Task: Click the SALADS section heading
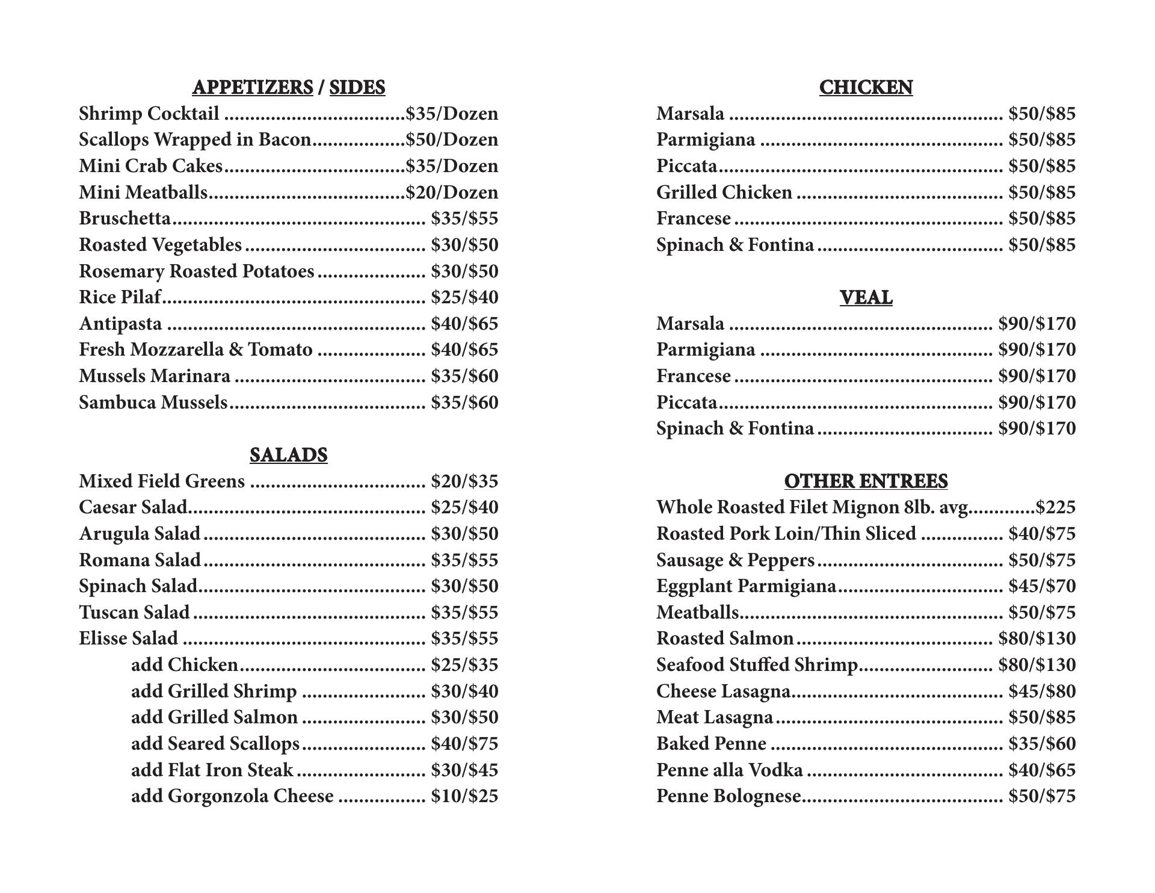point(288,455)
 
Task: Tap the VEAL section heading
point(866,297)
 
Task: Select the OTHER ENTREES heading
point(866,481)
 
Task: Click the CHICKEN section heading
point(866,88)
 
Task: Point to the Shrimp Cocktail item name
point(149,114)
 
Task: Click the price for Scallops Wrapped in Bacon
point(452,140)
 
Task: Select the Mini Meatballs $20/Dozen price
point(452,193)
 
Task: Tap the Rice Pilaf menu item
point(120,297)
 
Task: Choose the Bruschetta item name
point(125,218)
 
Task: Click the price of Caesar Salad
point(464,507)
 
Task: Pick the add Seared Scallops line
point(215,744)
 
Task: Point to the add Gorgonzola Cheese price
point(464,796)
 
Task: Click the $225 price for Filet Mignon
point(1055,507)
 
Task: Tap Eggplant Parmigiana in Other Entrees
point(746,586)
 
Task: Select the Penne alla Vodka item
point(729,770)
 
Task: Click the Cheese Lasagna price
point(1042,691)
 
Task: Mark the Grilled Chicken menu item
point(724,193)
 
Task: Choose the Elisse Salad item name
point(128,638)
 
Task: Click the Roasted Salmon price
point(1037,638)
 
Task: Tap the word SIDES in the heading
point(357,88)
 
